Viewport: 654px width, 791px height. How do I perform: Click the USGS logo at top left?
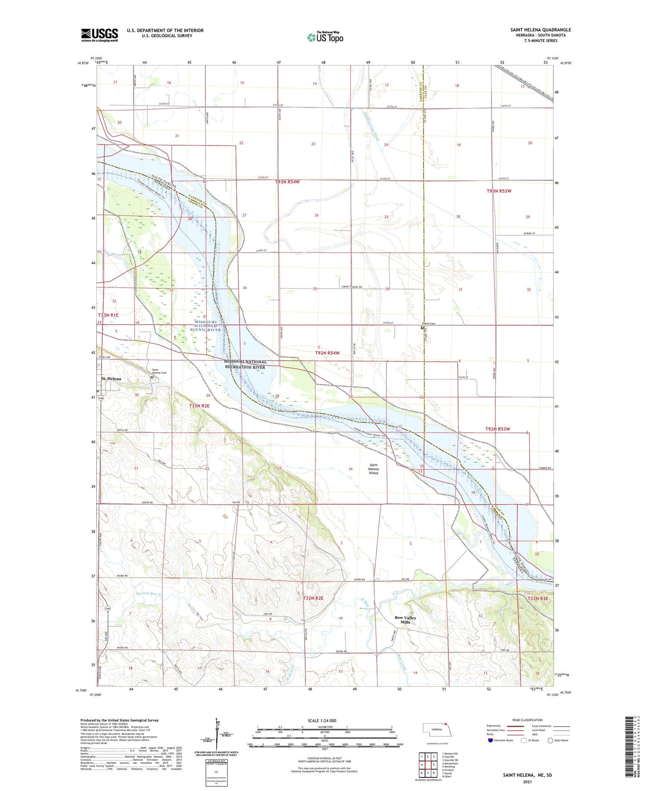pyautogui.click(x=100, y=35)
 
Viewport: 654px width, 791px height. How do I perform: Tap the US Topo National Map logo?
pyautogui.click(x=325, y=37)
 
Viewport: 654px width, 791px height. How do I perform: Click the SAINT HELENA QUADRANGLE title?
pyautogui.click(x=540, y=30)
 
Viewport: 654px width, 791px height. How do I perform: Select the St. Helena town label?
pyautogui.click(x=111, y=379)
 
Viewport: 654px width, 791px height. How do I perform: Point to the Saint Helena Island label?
pyautogui.click(x=373, y=469)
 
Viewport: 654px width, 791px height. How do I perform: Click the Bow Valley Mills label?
pyautogui.click(x=405, y=620)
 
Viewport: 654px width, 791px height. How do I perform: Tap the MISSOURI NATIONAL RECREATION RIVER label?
pyautogui.click(x=245, y=364)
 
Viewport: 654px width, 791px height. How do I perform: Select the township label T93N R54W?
pyautogui.click(x=287, y=182)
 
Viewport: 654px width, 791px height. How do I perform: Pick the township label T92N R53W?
pyautogui.click(x=497, y=429)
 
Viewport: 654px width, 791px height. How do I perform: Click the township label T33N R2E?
pyautogui.click(x=199, y=406)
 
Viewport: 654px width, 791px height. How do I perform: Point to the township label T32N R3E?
pyautogui.click(x=538, y=598)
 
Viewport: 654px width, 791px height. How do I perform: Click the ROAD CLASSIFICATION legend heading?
pyautogui.click(x=527, y=720)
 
